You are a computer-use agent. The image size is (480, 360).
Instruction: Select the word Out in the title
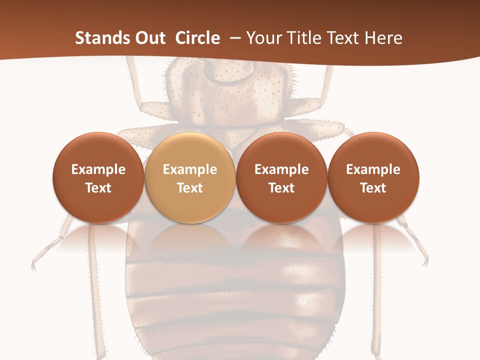click(x=149, y=38)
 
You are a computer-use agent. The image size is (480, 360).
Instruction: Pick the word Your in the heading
click(x=263, y=38)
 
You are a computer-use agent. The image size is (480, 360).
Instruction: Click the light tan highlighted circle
click(x=190, y=177)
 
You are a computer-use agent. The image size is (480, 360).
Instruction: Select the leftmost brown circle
click(x=98, y=177)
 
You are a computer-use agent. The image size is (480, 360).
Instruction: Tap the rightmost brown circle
click(x=373, y=177)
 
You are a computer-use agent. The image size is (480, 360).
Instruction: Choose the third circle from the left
click(x=281, y=177)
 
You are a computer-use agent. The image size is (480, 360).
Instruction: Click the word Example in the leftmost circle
click(x=98, y=169)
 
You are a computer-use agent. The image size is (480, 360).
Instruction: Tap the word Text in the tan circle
click(x=190, y=188)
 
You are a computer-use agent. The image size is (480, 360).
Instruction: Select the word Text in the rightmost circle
click(x=373, y=188)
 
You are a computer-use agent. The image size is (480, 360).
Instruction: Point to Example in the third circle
click(x=281, y=169)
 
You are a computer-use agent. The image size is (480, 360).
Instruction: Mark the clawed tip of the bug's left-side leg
click(x=34, y=265)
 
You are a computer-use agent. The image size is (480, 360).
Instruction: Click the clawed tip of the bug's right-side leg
click(x=425, y=261)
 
